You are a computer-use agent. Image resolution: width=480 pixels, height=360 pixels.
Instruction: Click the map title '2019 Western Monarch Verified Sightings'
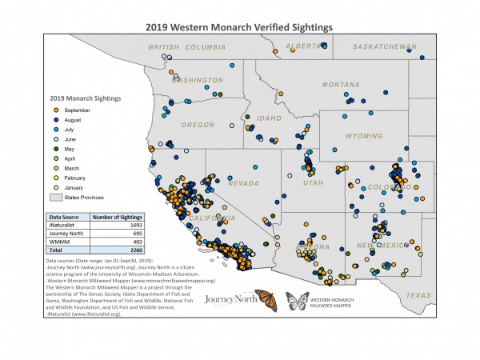point(239,26)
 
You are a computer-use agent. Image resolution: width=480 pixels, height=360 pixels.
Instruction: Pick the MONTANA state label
point(341,85)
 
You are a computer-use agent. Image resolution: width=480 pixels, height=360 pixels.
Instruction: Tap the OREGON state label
point(198,125)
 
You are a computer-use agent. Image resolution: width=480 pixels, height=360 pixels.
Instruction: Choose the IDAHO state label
point(268,119)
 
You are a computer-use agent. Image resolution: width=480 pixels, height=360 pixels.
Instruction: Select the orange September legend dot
point(55,110)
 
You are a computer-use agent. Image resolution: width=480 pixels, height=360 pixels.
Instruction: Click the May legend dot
point(55,148)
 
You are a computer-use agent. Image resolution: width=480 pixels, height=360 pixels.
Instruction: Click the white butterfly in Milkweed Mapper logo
point(298,302)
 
